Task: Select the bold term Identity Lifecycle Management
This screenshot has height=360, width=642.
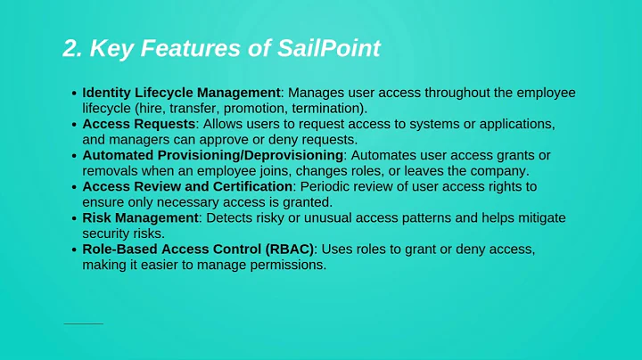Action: (181, 93)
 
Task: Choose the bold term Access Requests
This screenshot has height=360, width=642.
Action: (139, 124)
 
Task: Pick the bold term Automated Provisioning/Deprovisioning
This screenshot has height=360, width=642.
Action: (212, 155)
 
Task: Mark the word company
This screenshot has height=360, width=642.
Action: (500, 171)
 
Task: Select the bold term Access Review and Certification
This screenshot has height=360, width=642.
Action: (187, 186)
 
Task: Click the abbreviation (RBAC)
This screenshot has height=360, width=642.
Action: (284, 249)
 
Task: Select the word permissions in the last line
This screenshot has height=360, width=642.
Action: (289, 265)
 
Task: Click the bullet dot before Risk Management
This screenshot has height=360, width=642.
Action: (73, 218)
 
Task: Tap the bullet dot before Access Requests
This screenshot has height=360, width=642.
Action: (73, 125)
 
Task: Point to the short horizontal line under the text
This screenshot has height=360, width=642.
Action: (83, 323)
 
